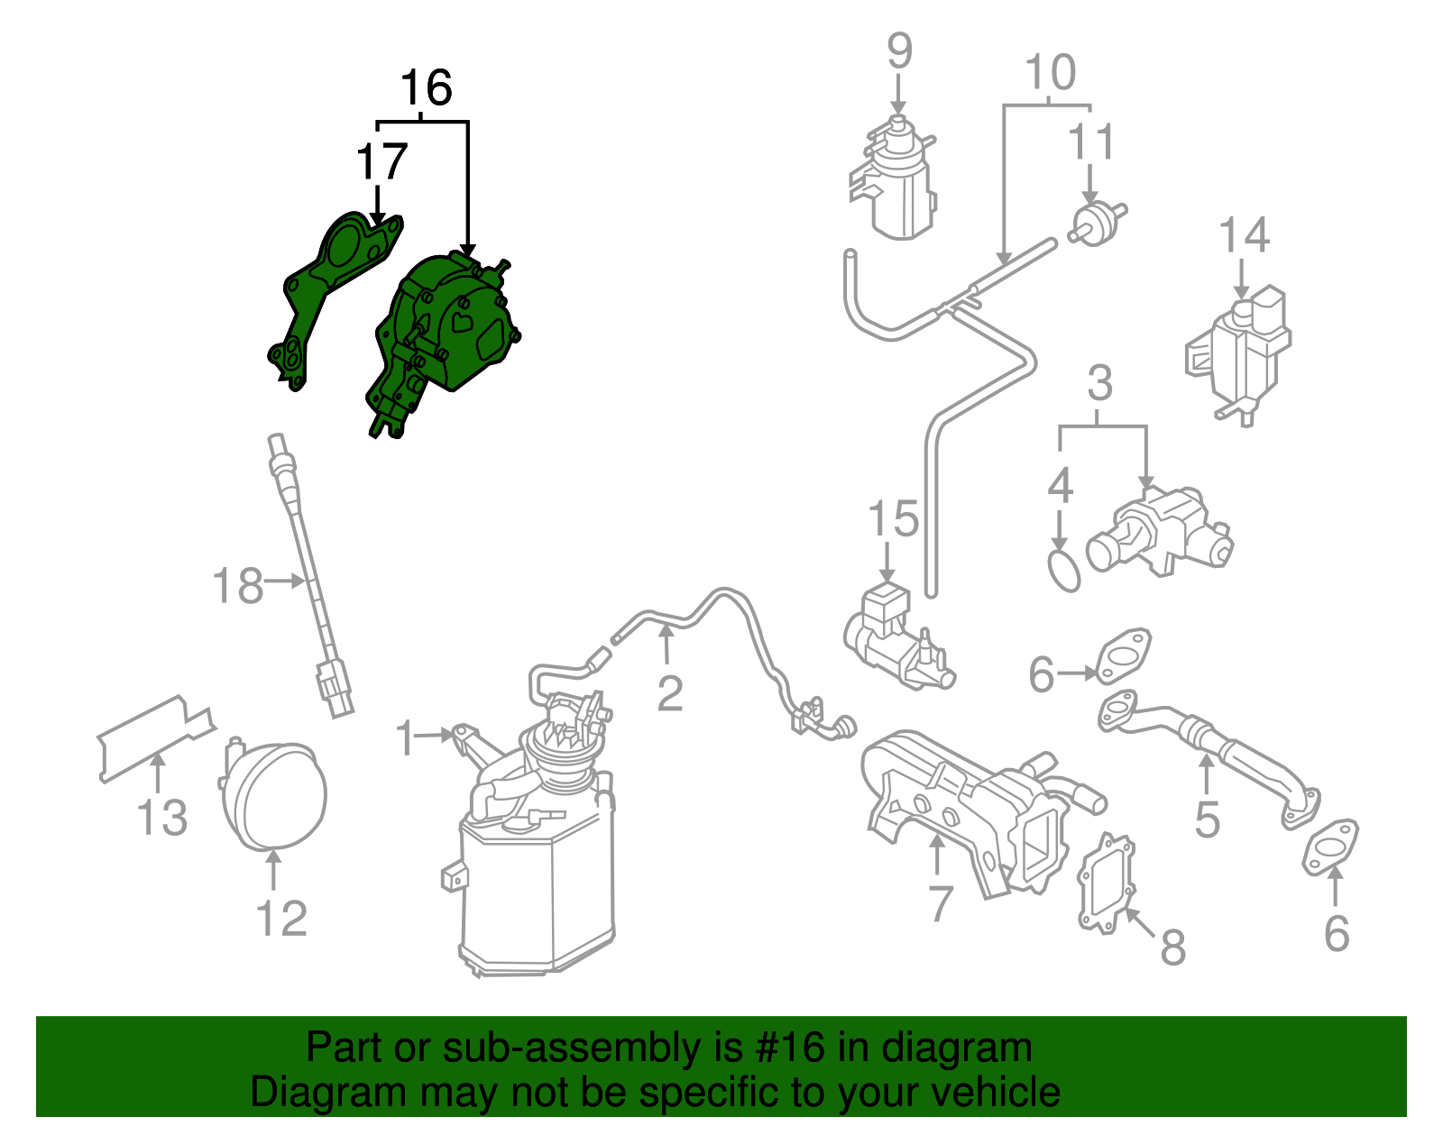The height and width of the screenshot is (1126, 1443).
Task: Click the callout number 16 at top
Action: (426, 88)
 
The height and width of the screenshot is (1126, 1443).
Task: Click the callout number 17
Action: (381, 163)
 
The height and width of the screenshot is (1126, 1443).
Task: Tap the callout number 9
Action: (899, 51)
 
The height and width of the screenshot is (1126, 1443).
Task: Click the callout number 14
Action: (1244, 235)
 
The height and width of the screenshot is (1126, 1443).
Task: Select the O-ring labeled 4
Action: (1064, 572)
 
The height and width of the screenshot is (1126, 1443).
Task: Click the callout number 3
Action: (1099, 384)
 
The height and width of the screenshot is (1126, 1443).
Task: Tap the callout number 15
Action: (893, 520)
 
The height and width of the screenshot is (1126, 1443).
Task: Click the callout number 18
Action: (237, 586)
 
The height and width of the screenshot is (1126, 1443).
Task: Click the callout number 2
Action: (669, 693)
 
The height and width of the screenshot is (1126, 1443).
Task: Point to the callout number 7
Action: (940, 902)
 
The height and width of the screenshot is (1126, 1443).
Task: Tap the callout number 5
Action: (1207, 819)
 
